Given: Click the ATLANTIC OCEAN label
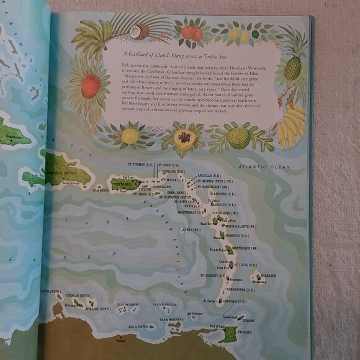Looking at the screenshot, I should [x=268, y=166].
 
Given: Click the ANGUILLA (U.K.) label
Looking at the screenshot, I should [x=209, y=174].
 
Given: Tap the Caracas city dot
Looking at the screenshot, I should [x=119, y=339].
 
